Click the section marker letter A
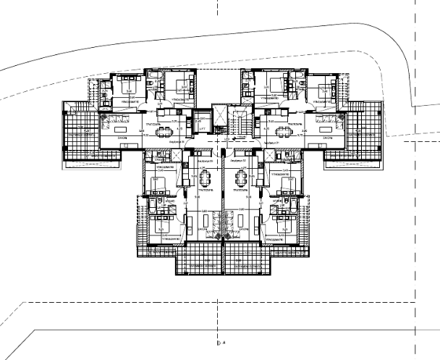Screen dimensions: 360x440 point(225,341)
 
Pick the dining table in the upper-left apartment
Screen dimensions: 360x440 point(165,130)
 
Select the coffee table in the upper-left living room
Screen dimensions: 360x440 point(116,120)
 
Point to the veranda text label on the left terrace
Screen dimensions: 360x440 point(81,135)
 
